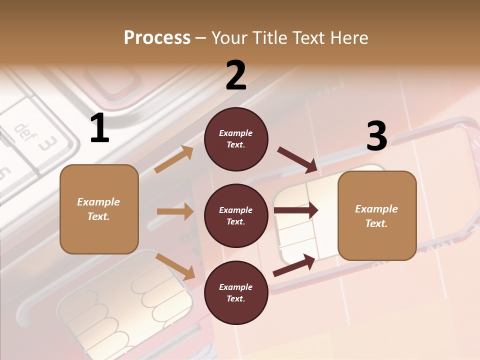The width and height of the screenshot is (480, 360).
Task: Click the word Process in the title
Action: point(157,37)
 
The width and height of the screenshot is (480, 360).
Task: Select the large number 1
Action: point(99,128)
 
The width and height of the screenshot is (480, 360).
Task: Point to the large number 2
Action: point(236,75)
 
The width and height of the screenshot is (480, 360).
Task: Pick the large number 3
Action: point(376,136)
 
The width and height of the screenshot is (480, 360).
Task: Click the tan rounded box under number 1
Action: point(99,209)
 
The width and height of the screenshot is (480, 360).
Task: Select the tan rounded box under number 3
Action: point(377,215)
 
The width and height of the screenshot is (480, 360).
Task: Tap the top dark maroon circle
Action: point(236,139)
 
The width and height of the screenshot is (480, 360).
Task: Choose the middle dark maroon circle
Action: point(236,215)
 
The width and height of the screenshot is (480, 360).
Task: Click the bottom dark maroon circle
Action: point(236,292)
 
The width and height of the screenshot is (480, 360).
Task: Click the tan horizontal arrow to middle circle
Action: point(175,212)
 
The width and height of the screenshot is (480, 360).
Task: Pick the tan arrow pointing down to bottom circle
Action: point(175,266)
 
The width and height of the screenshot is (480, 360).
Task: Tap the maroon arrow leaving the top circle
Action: point(297,159)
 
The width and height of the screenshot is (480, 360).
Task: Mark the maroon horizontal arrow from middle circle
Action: point(296,210)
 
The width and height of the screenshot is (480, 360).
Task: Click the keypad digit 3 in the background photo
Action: point(47,144)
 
